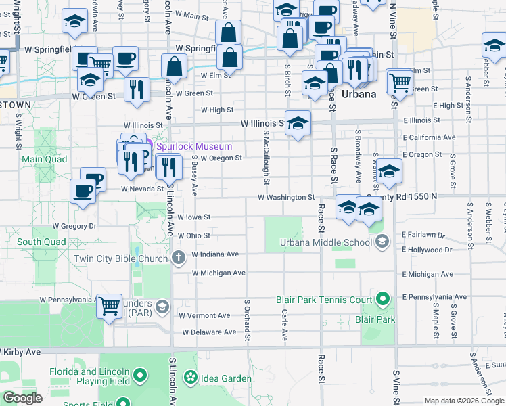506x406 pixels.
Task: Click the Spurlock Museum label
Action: [x=194, y=146]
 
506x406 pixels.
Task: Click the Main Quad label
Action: [x=45, y=160]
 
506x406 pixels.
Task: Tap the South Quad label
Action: [x=42, y=242]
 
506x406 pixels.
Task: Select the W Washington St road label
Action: [x=286, y=198]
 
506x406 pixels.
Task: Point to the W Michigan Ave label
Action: [x=218, y=273]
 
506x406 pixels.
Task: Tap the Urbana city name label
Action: [x=359, y=94]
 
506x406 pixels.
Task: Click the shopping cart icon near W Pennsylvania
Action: [x=109, y=306]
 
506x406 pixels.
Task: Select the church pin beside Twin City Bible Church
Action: [x=178, y=257]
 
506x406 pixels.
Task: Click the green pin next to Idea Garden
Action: [x=190, y=376]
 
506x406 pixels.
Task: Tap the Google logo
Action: [x=22, y=398]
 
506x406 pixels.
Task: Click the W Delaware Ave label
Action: [x=210, y=332]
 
